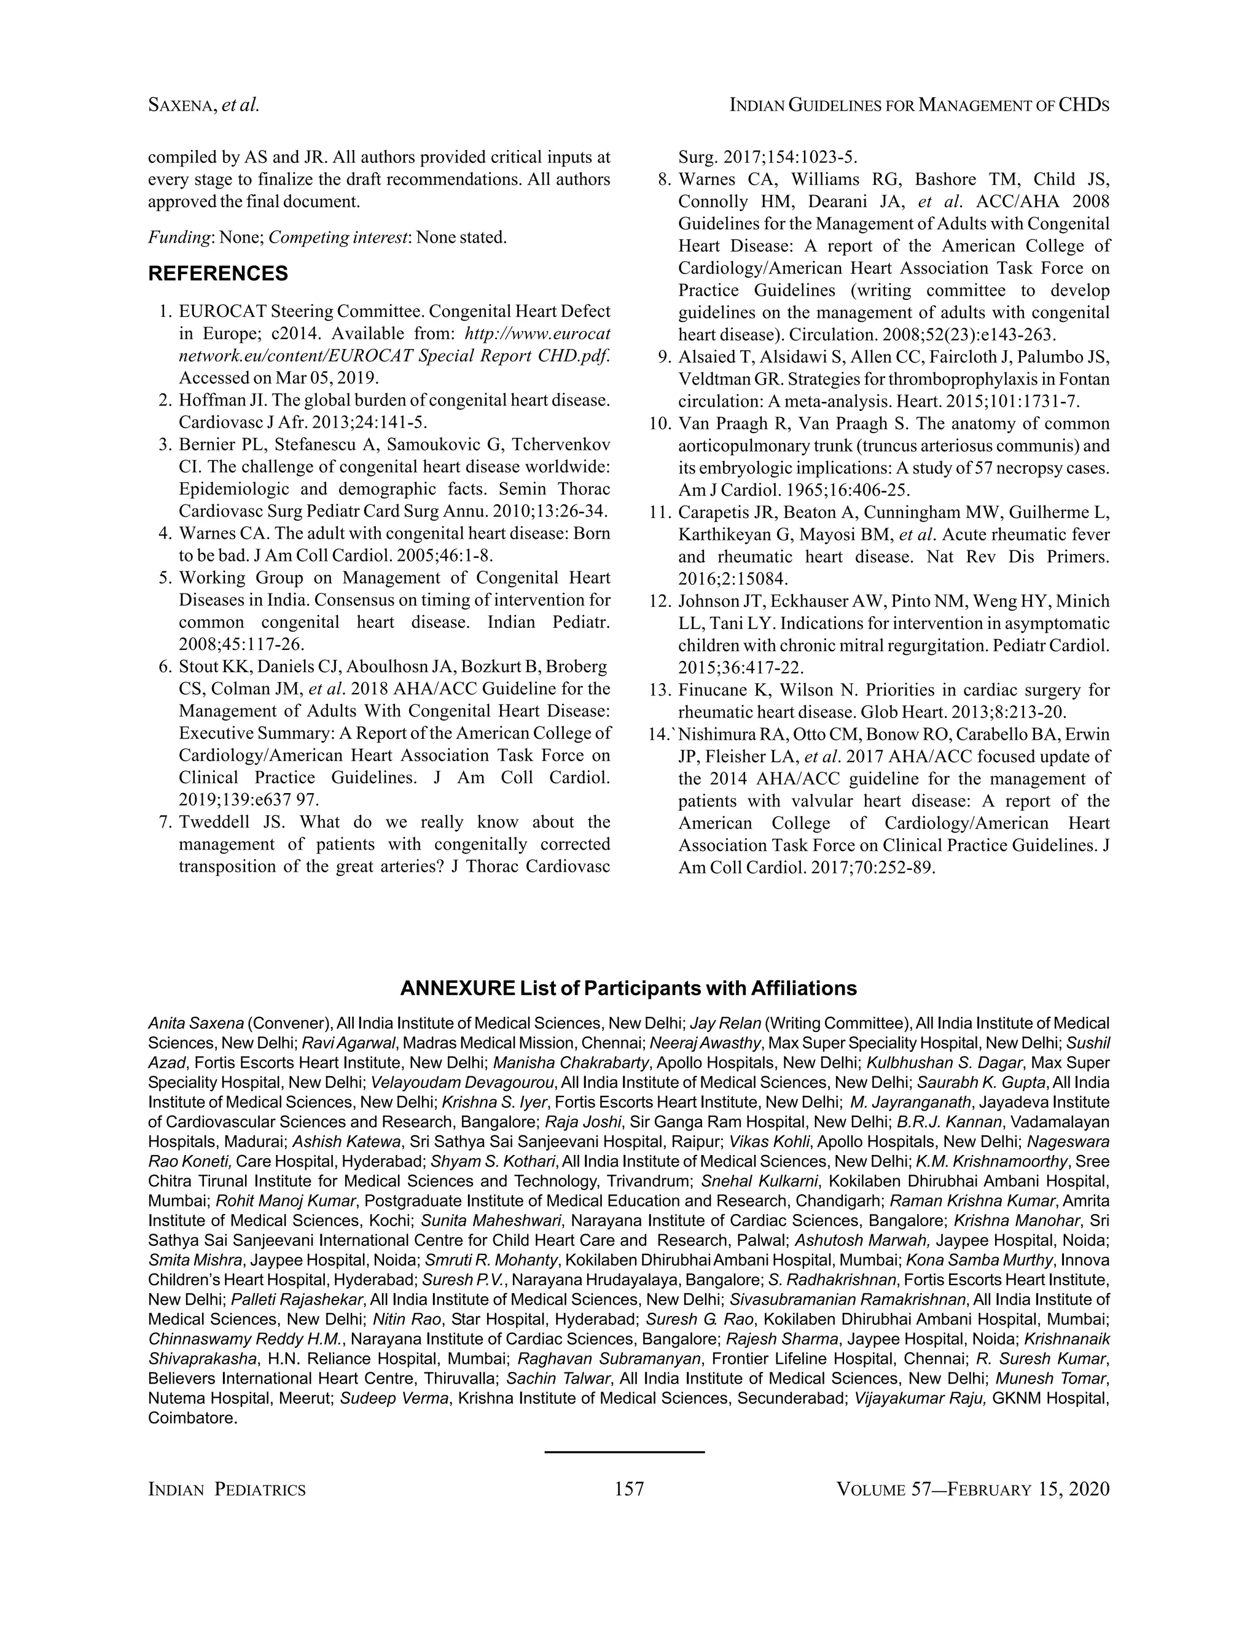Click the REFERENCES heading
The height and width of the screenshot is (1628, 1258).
tap(217, 273)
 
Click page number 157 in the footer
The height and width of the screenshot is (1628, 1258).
tap(629, 1489)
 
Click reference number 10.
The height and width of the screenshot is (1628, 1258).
tap(660, 424)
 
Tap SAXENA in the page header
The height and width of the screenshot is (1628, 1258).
tap(182, 106)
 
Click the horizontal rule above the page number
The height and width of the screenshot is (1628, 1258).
tap(624, 1451)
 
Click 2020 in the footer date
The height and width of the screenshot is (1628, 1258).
tap(1089, 1489)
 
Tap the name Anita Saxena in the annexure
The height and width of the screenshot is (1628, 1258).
tap(195, 1023)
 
